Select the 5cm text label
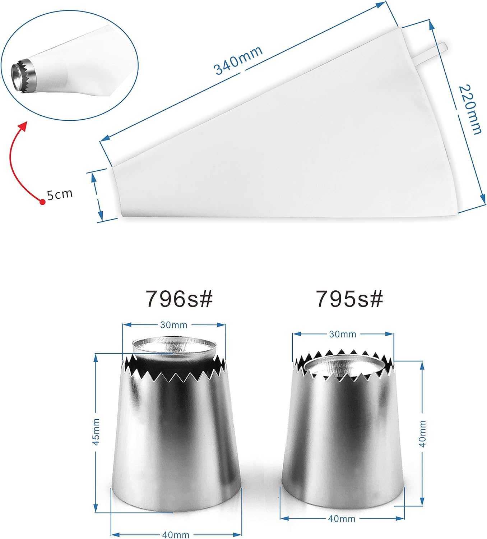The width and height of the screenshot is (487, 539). [x=60, y=194]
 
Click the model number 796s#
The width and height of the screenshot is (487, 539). [x=179, y=299]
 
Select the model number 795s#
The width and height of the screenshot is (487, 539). [x=349, y=299]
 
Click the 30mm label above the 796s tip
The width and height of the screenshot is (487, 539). [x=174, y=325]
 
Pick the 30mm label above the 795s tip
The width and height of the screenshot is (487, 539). [x=343, y=334]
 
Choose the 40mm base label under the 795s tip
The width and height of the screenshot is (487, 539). [x=342, y=519]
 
